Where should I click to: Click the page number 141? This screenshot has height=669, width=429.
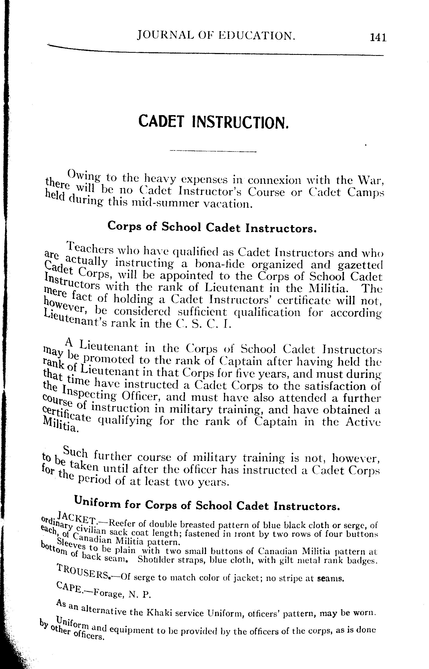coord(378,37)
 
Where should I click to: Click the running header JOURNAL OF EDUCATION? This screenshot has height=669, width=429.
coord(216,36)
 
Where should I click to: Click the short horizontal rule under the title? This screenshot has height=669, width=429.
coord(213,151)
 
